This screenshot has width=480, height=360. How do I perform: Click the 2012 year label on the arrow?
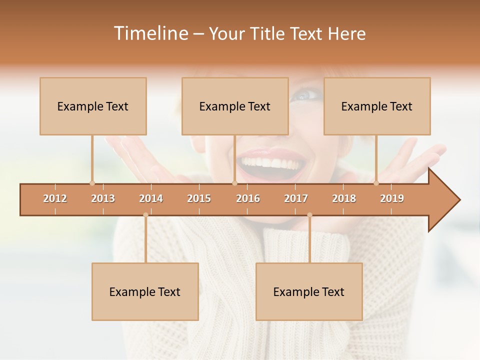coord(55,198)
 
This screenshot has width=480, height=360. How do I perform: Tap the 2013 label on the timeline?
coord(103,198)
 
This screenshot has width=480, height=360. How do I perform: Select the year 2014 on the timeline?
coord(151,198)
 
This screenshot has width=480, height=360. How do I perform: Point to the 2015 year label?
coord(199,198)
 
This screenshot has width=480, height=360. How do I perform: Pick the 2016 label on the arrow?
coord(248,198)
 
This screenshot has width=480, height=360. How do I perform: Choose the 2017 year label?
coord(296,198)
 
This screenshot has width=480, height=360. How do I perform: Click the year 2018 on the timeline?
coord(344,198)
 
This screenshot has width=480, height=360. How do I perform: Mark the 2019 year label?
coord(392,198)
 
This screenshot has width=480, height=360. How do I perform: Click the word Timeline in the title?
coord(150,33)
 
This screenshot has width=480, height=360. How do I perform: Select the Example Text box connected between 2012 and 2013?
coord(93,106)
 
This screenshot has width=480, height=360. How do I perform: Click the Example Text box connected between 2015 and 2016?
coord(235,106)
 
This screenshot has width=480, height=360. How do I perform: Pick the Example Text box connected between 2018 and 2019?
coord(377,106)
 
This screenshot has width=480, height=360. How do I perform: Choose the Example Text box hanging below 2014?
coord(145,291)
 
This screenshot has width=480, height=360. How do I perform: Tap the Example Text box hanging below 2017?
coord(309,291)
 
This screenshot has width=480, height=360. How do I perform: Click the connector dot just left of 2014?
coord(145,215)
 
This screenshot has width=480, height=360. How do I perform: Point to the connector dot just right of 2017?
coord(309,215)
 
